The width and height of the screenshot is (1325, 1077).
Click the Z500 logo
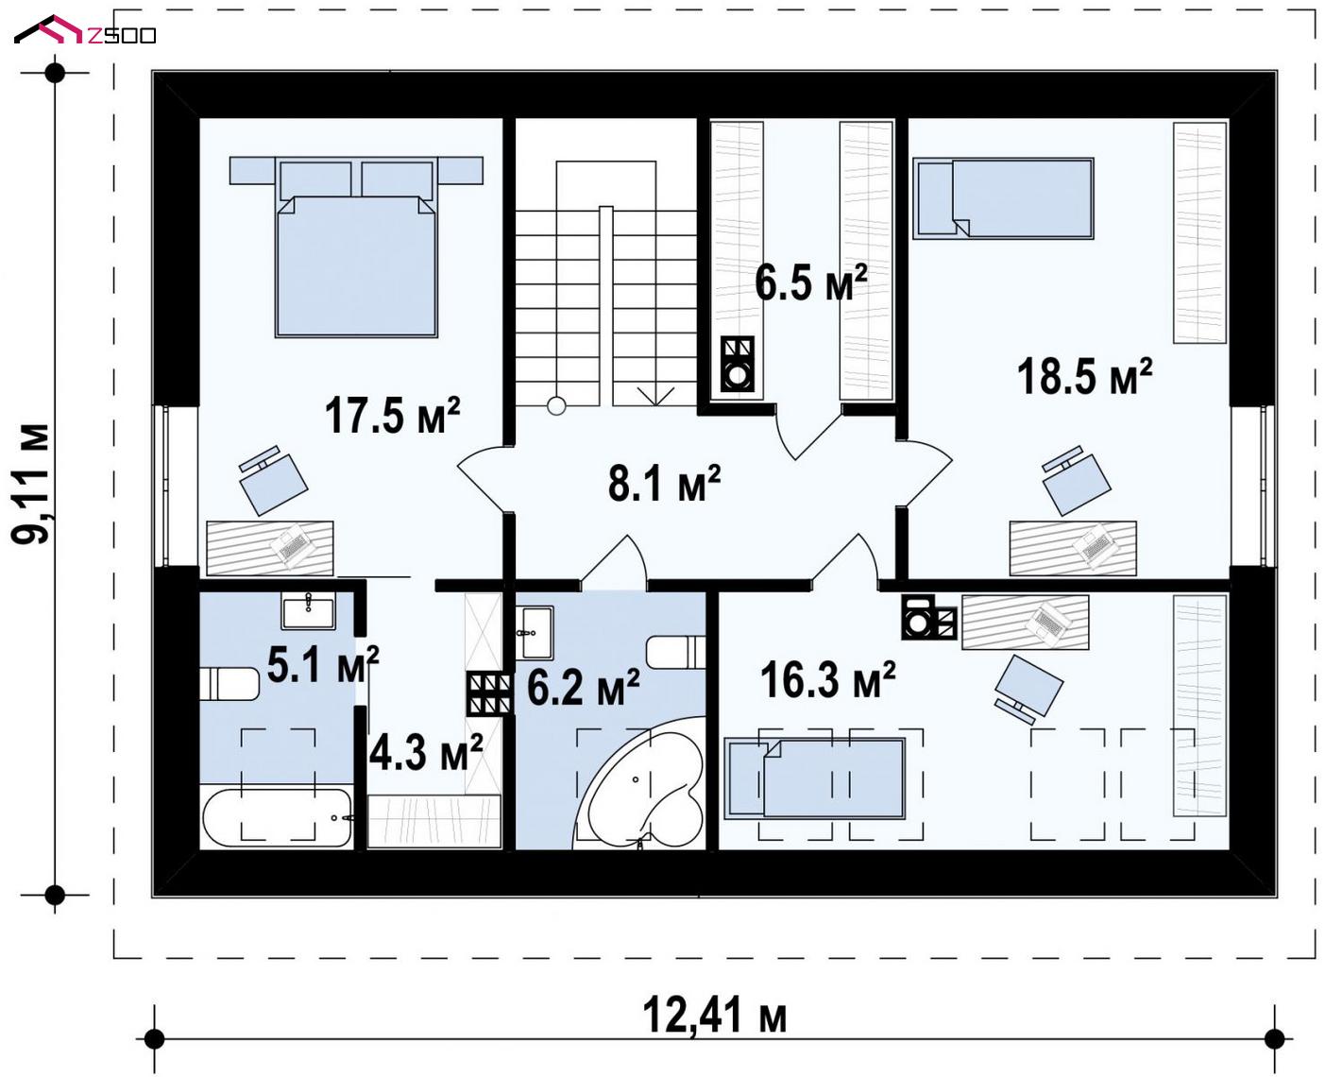[85, 30]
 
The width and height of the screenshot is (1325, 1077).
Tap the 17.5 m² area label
[393, 415]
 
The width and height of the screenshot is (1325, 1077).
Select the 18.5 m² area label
[1085, 376]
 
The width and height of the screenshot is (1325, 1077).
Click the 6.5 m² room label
[810, 282]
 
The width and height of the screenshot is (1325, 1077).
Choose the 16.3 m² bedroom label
[828, 679]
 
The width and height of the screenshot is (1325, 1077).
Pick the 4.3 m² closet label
[426, 751]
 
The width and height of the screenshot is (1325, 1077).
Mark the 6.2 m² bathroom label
[584, 687]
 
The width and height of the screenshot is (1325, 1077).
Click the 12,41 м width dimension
[714, 1015]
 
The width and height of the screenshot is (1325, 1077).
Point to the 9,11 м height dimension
[31, 484]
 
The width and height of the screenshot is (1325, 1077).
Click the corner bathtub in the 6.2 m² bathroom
[639, 784]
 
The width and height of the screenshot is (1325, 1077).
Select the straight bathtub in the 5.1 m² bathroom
[278, 817]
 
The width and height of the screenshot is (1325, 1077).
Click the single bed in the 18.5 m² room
[1003, 197]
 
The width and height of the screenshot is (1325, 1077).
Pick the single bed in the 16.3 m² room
[815, 778]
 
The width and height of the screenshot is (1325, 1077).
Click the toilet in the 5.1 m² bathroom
[229, 684]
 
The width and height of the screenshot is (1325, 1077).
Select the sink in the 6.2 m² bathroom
[536, 632]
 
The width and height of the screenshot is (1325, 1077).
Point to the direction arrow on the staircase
[656, 395]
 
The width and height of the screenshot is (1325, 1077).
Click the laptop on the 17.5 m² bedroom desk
[290, 546]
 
